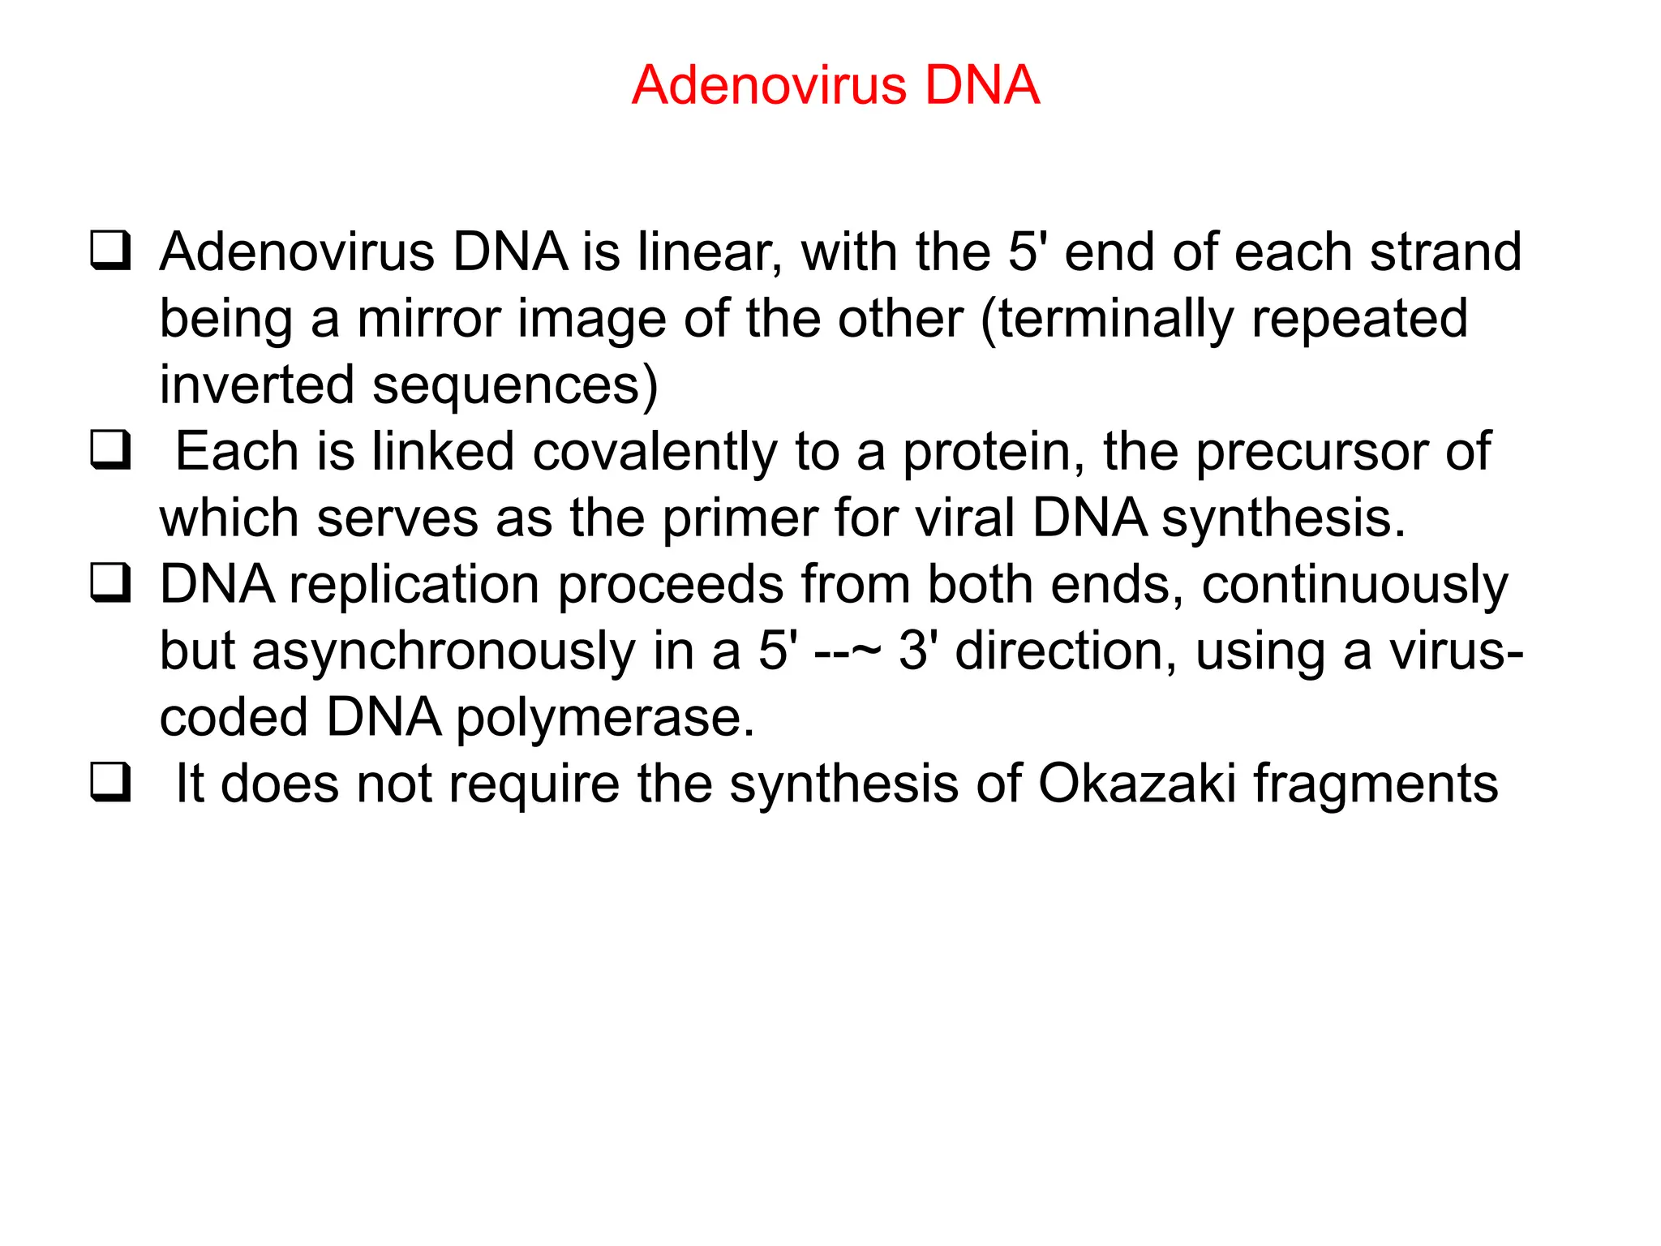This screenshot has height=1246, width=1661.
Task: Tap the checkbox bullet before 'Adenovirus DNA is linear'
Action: [x=110, y=251]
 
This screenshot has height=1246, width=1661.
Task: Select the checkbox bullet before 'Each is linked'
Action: [x=110, y=450]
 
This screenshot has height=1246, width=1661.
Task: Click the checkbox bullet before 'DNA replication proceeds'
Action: [x=110, y=583]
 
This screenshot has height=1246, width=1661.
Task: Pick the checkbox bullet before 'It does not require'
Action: [x=110, y=783]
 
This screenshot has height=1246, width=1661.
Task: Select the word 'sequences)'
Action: [x=515, y=385]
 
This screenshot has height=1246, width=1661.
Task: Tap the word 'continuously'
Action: [x=1354, y=586]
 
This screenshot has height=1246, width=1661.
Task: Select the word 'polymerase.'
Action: [x=605, y=719]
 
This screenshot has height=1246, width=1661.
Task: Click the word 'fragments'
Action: [x=1376, y=784]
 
